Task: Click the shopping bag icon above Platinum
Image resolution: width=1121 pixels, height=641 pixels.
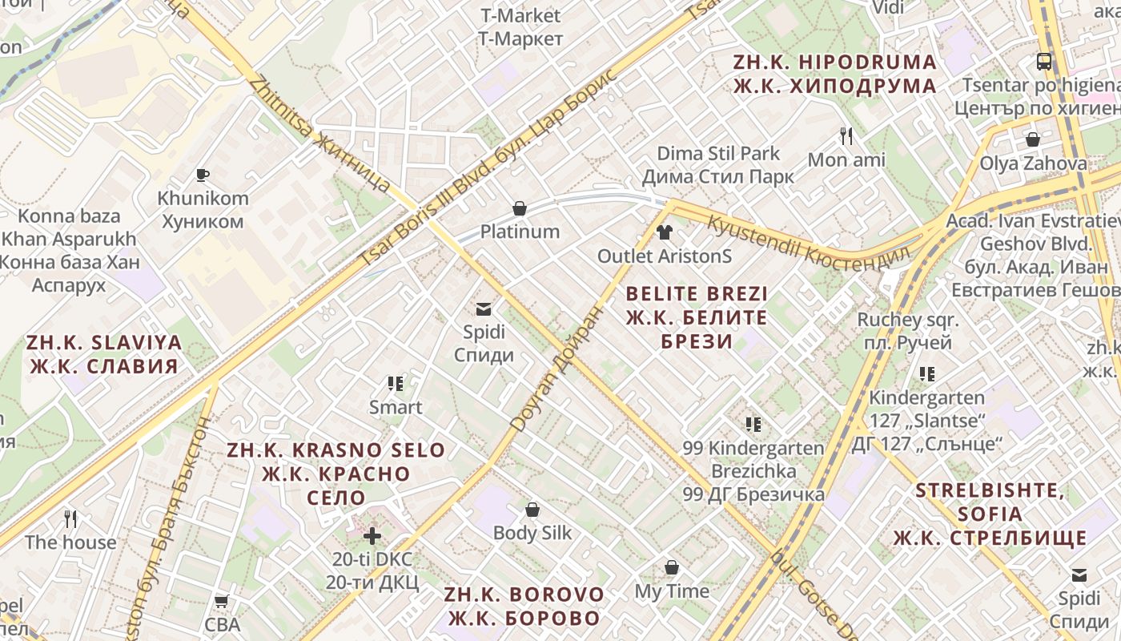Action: click(520, 209)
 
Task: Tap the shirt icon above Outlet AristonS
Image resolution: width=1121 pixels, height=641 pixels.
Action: click(665, 233)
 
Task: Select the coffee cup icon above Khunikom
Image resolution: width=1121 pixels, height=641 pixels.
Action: click(203, 175)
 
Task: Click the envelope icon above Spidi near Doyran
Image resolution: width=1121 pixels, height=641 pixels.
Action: click(484, 308)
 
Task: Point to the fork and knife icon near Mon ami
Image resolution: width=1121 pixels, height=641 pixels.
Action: click(846, 136)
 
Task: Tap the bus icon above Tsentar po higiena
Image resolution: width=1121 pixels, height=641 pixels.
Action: click(1044, 61)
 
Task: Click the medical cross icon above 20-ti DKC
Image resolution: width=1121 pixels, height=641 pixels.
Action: click(372, 534)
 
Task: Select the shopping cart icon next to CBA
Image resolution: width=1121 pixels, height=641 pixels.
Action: click(222, 601)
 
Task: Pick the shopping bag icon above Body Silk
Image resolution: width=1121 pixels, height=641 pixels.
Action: click(532, 510)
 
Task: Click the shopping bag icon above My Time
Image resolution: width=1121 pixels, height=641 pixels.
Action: click(672, 568)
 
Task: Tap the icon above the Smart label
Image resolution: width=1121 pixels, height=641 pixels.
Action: click(395, 384)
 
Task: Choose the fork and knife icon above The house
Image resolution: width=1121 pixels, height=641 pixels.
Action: click(70, 519)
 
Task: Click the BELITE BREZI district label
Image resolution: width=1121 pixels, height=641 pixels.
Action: click(697, 317)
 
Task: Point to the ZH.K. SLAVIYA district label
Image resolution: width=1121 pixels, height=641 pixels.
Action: click(104, 354)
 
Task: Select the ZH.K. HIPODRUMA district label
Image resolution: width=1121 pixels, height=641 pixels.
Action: click(834, 74)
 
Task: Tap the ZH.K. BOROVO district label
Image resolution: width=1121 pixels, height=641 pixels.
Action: click(524, 607)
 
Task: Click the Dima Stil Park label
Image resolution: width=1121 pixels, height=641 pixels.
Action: click(718, 164)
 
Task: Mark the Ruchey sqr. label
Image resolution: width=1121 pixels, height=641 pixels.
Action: click(907, 331)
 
